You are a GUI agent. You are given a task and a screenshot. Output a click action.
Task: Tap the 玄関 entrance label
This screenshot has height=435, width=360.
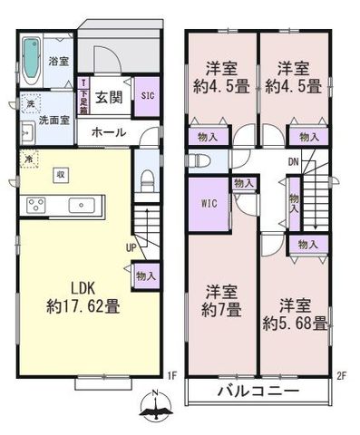click(x=110, y=98)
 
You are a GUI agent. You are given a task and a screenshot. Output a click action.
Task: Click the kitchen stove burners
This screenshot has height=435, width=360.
click(x=35, y=203)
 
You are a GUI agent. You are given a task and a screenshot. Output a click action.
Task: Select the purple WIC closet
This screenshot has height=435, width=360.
click(x=206, y=204)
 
